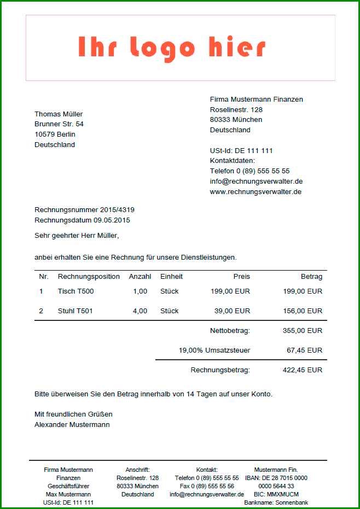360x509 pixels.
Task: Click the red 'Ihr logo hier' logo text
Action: (x=172, y=48)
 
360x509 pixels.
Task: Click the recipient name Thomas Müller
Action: (x=59, y=114)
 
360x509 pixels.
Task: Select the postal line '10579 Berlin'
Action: (x=55, y=134)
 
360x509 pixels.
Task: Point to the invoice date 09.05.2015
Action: (x=112, y=220)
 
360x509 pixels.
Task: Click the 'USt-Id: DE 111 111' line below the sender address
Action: (x=241, y=150)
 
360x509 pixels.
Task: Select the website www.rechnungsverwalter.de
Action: (x=256, y=192)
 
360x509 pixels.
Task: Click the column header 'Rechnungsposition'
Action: (x=89, y=277)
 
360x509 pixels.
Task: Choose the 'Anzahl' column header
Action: (x=140, y=277)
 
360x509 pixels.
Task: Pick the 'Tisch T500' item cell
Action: (x=76, y=291)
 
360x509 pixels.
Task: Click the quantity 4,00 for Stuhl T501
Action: (x=140, y=311)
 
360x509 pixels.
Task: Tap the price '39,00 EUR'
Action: (x=232, y=311)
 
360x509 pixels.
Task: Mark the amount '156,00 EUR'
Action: (x=303, y=311)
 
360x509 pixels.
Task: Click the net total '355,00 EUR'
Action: (x=303, y=331)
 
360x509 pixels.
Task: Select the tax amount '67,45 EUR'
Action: (x=305, y=350)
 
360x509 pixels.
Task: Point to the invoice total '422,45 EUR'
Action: (x=303, y=370)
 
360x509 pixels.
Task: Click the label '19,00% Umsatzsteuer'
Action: (x=214, y=350)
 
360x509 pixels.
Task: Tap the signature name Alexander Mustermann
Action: (x=72, y=425)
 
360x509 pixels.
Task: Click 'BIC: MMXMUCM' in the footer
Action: (x=276, y=494)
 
